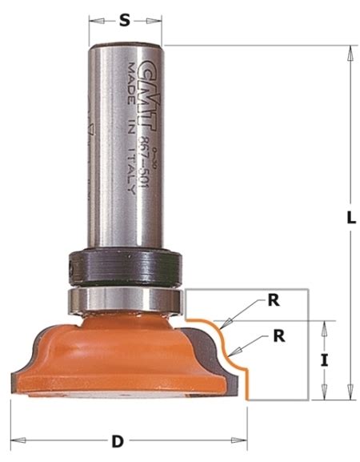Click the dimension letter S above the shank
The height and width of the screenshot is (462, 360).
point(125,22)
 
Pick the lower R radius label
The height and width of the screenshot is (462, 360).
point(278,335)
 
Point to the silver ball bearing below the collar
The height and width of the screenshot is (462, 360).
point(125,299)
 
